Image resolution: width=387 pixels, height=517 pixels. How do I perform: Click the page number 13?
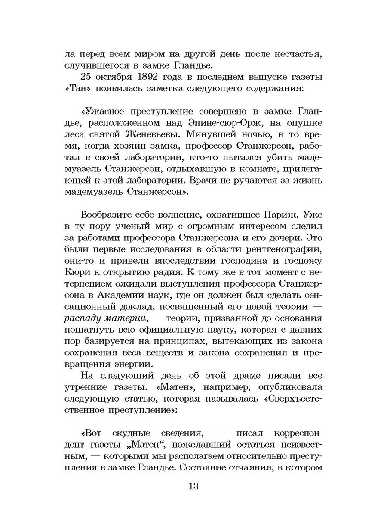point(193,486)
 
